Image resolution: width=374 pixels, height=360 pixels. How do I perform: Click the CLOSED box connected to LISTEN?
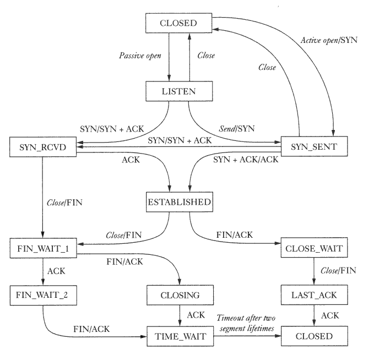coord(178,23)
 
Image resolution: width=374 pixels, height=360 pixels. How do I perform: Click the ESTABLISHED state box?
coord(179,202)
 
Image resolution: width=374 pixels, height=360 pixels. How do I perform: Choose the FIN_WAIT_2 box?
coord(42,296)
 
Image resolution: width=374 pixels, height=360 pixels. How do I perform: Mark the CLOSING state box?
coord(180,296)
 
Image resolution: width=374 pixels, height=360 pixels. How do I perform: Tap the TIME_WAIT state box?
coord(180,336)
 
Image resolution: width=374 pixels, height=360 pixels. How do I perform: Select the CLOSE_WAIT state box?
coord(314,248)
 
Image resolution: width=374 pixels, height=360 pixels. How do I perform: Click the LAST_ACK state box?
coord(314,296)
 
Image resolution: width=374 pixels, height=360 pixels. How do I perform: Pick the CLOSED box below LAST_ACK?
coord(314,336)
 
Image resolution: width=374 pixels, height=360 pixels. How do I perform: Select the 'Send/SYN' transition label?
coord(237,128)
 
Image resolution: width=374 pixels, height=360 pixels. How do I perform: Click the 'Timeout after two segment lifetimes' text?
coord(246,323)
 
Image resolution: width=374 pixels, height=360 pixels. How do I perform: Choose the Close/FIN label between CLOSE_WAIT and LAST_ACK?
coord(339,271)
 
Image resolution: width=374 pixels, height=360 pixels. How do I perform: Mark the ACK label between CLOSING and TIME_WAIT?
coord(196,315)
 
